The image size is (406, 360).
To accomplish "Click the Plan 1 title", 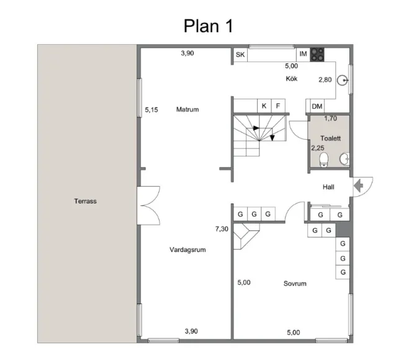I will pyautogui.click(x=208, y=25).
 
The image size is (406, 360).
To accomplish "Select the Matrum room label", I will pyautogui.click(x=187, y=109).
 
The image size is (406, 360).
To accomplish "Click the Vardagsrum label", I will pyautogui.click(x=187, y=250).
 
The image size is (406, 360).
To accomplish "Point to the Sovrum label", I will pyautogui.click(x=295, y=283).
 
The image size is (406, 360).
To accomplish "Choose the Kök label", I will pyautogui.click(x=292, y=79).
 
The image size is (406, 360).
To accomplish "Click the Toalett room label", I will pyautogui.click(x=330, y=138).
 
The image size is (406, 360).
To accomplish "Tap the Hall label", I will pyautogui.click(x=329, y=187).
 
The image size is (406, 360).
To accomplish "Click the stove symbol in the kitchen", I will pyautogui.click(x=318, y=54).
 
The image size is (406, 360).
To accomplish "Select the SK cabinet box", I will pyautogui.click(x=240, y=55).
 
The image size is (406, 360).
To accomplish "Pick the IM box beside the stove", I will pyautogui.click(x=303, y=55).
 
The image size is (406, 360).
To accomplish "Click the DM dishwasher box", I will pyautogui.click(x=317, y=106).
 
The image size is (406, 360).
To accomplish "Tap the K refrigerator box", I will pyautogui.click(x=264, y=106).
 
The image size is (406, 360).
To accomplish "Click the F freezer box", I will pyautogui.click(x=278, y=106).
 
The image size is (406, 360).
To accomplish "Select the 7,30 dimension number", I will pyautogui.click(x=222, y=228).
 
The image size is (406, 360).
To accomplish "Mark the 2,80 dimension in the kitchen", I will pyautogui.click(x=325, y=79).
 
